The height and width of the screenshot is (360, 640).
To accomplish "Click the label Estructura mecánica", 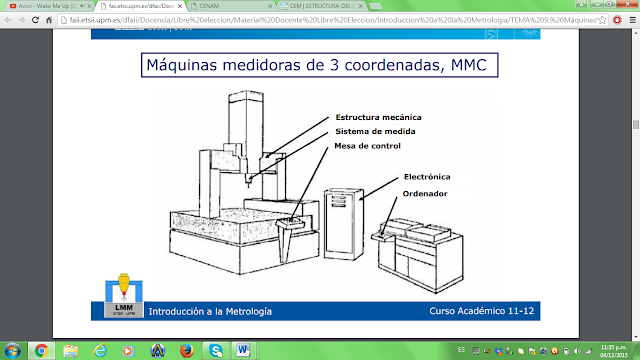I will click(x=379, y=117).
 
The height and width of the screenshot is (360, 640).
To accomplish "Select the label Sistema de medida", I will click(x=375, y=131).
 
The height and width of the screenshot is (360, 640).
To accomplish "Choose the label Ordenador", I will click(x=425, y=192).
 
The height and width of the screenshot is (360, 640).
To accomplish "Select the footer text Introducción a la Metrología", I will click(x=209, y=312).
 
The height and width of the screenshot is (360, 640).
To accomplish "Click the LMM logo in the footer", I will click(x=123, y=299).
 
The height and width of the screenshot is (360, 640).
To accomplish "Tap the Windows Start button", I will click(x=13, y=349).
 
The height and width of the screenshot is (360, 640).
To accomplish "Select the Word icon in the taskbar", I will click(x=245, y=349).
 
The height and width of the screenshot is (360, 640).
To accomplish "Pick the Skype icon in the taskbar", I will click(x=215, y=349).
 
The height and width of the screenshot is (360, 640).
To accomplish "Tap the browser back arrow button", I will click(x=11, y=20).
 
